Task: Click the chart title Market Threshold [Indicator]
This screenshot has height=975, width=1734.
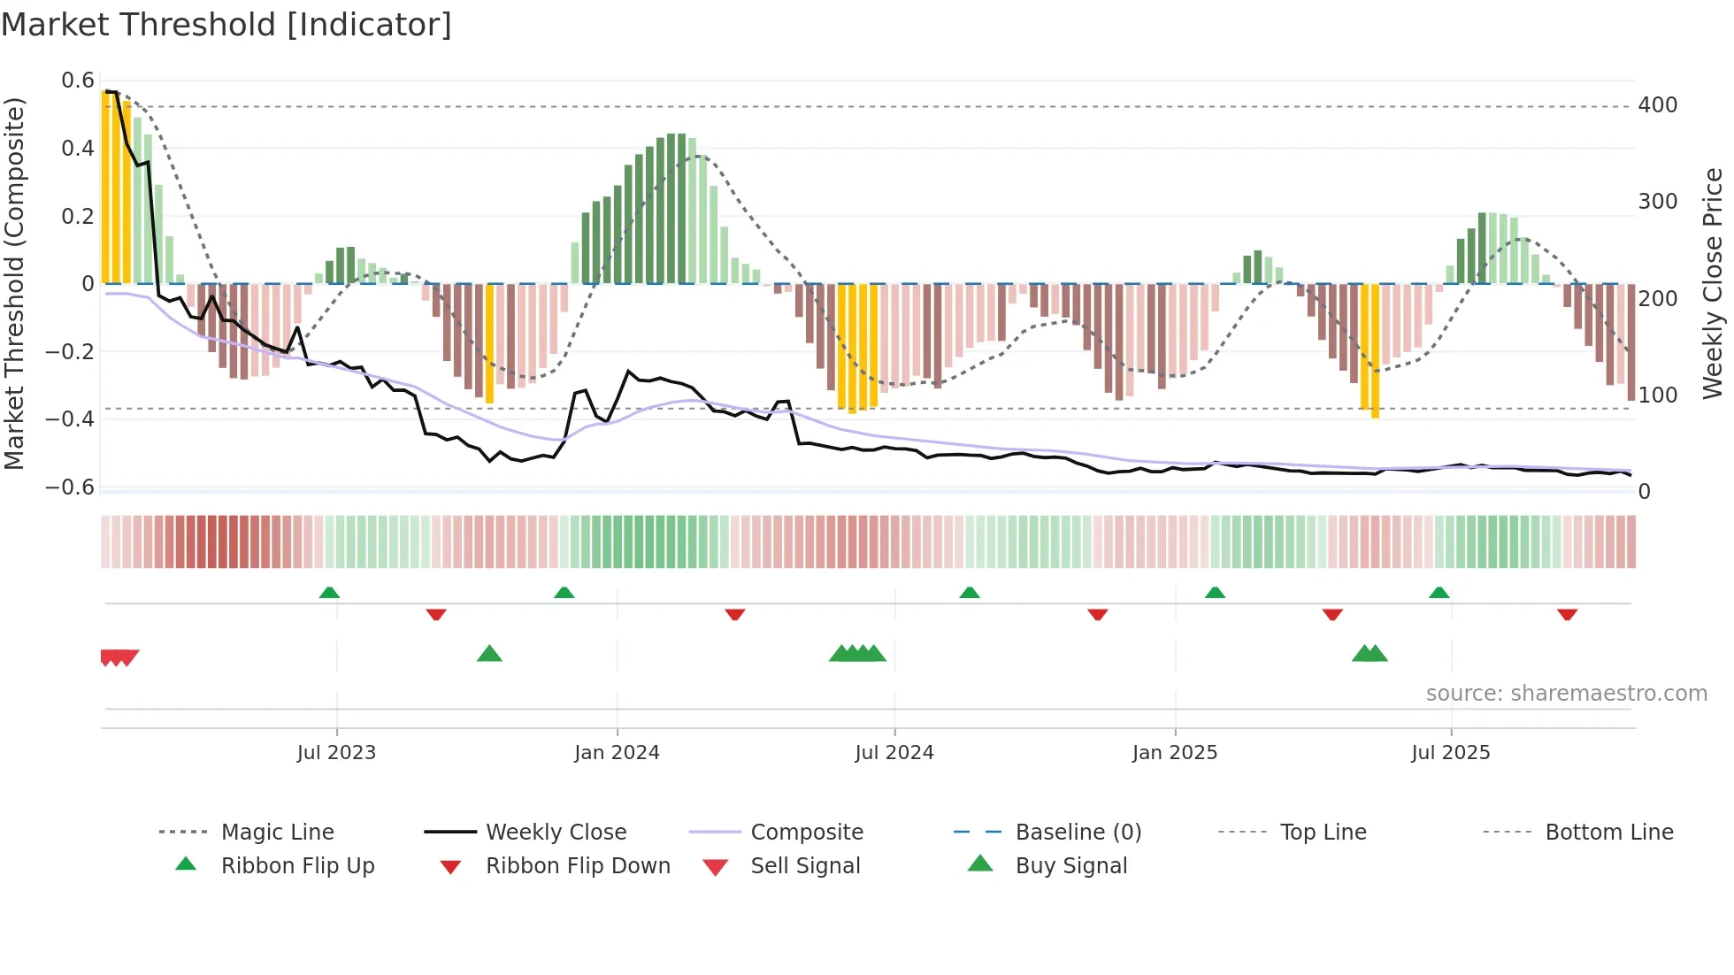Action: [x=226, y=25]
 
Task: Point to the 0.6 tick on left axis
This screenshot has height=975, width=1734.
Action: [x=78, y=81]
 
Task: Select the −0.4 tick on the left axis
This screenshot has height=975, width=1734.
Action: [x=70, y=419]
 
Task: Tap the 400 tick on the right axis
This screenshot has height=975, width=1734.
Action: [x=1657, y=105]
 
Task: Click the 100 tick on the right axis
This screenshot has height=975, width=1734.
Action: [x=1657, y=395]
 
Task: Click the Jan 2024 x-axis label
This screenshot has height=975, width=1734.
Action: [x=617, y=753]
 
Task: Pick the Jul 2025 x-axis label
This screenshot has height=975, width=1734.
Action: [x=1450, y=753]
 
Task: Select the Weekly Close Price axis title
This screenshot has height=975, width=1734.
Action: [x=1713, y=283]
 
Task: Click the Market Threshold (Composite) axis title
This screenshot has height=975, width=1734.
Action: [x=14, y=283]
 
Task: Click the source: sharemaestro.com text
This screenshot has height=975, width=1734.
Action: [x=1566, y=694]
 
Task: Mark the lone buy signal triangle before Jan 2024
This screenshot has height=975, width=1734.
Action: [x=489, y=655]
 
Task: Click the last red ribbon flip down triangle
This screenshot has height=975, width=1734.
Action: [x=1567, y=614]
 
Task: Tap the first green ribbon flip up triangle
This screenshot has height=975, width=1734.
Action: [x=329, y=593]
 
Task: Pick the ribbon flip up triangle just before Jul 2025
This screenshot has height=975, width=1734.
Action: [x=1439, y=593]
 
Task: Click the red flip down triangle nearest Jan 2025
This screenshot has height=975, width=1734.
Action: [x=1097, y=614]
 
